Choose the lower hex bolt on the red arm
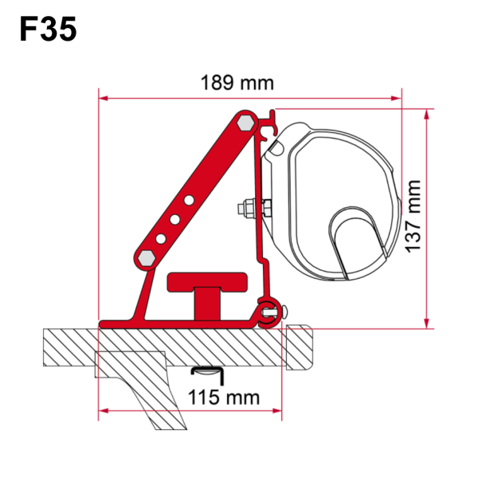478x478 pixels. [x=149, y=260]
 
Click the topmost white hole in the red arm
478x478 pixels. [x=192, y=198]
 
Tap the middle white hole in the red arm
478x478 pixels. [x=177, y=218]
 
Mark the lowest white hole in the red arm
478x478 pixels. [x=163, y=238]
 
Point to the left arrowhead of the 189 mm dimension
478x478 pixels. [x=103, y=99]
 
